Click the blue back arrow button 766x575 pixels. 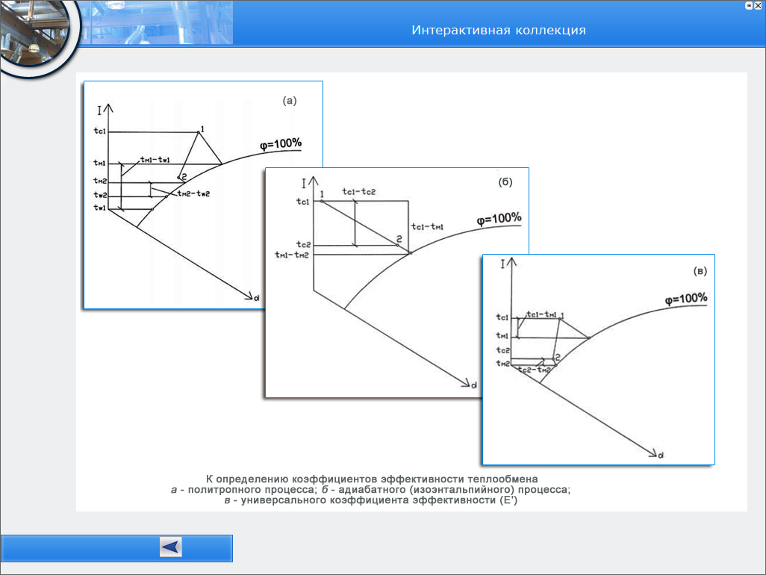coord(171,547)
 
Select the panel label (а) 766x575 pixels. coord(289,100)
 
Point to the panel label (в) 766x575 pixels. coord(700,271)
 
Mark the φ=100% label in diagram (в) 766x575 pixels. coord(686,299)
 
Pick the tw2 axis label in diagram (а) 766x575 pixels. coord(99,195)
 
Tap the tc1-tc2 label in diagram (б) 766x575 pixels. coord(358,192)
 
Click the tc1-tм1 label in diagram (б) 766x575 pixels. coord(428,227)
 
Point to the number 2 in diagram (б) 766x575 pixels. coord(399,239)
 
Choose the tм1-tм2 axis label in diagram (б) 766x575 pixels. coord(291,255)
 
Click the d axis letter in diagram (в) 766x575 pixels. coord(661,454)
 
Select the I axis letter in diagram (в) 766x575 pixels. coord(504,263)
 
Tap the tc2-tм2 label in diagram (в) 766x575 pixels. coord(535,370)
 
